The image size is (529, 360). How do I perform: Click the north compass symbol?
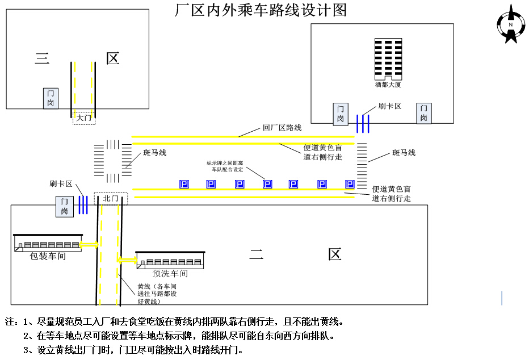pos(511,24)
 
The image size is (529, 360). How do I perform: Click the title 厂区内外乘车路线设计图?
pos(261,10)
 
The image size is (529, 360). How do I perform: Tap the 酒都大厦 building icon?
pos(388,59)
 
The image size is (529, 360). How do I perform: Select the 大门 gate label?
pos(84,118)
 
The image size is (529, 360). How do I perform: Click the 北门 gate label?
pos(111,198)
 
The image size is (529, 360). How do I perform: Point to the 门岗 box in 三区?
pos(51,98)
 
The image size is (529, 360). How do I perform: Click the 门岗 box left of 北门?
pos(65,207)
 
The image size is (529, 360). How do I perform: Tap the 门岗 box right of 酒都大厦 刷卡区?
pos(424,114)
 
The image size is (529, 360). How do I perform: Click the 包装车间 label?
pos(48,256)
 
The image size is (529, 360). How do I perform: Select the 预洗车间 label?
pos(170,274)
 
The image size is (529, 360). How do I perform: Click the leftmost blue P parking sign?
pos(184,184)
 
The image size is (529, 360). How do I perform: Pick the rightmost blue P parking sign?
pos(350,184)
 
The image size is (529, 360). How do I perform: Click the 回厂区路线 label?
pos(282,128)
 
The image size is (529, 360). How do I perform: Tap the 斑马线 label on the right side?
pos(404,153)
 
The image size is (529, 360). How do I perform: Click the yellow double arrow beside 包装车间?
pos(89,245)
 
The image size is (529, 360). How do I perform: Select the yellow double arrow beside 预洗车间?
pos(127,259)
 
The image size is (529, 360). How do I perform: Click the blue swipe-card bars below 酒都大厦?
pos(363,123)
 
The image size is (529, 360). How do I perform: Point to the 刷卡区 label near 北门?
pos(61,184)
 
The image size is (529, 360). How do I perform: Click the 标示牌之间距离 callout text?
pos(225,166)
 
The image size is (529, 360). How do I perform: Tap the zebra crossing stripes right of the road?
pos(362,166)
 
